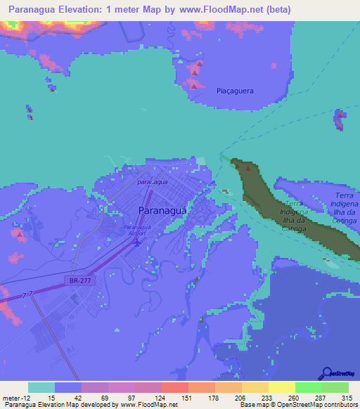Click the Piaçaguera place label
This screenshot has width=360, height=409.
click(235, 91)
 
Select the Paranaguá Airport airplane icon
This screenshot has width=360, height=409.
click(137, 243)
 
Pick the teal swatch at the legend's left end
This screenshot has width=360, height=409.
click(41, 387)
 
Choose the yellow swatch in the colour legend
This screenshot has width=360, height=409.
click(281, 387)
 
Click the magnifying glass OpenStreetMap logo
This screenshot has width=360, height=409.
click(327, 373)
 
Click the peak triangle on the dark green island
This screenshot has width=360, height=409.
click(247, 168)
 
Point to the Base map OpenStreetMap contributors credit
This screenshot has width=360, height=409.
click(298, 405)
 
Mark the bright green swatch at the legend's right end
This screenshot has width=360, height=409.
click(335, 387)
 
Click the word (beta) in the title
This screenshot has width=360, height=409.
click(276, 10)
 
